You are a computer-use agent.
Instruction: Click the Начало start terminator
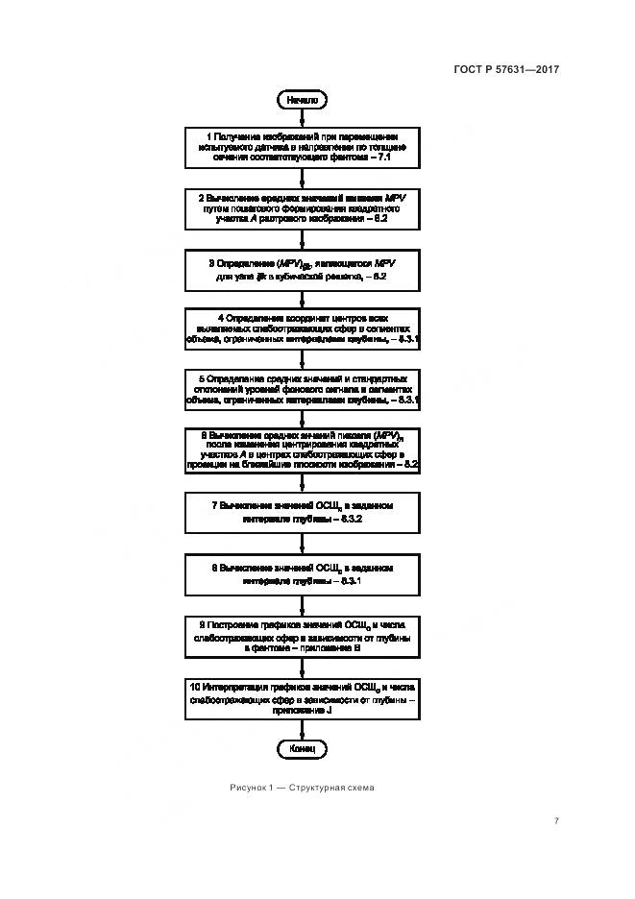(303, 99)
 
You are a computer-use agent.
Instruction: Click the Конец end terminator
(303, 747)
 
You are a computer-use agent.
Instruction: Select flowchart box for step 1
(303, 146)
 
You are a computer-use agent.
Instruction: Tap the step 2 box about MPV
(303, 206)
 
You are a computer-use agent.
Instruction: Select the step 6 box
(303, 449)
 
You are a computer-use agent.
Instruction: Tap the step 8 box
(303, 574)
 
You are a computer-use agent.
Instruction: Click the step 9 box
(303, 637)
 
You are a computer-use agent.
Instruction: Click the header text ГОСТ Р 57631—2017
(506, 69)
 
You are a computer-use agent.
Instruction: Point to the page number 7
(557, 820)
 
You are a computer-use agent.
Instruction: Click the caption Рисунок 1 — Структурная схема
(303, 788)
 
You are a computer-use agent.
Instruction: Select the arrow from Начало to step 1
(303, 116)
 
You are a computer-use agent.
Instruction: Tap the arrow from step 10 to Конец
(303, 728)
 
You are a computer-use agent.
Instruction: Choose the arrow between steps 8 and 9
(303, 605)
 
